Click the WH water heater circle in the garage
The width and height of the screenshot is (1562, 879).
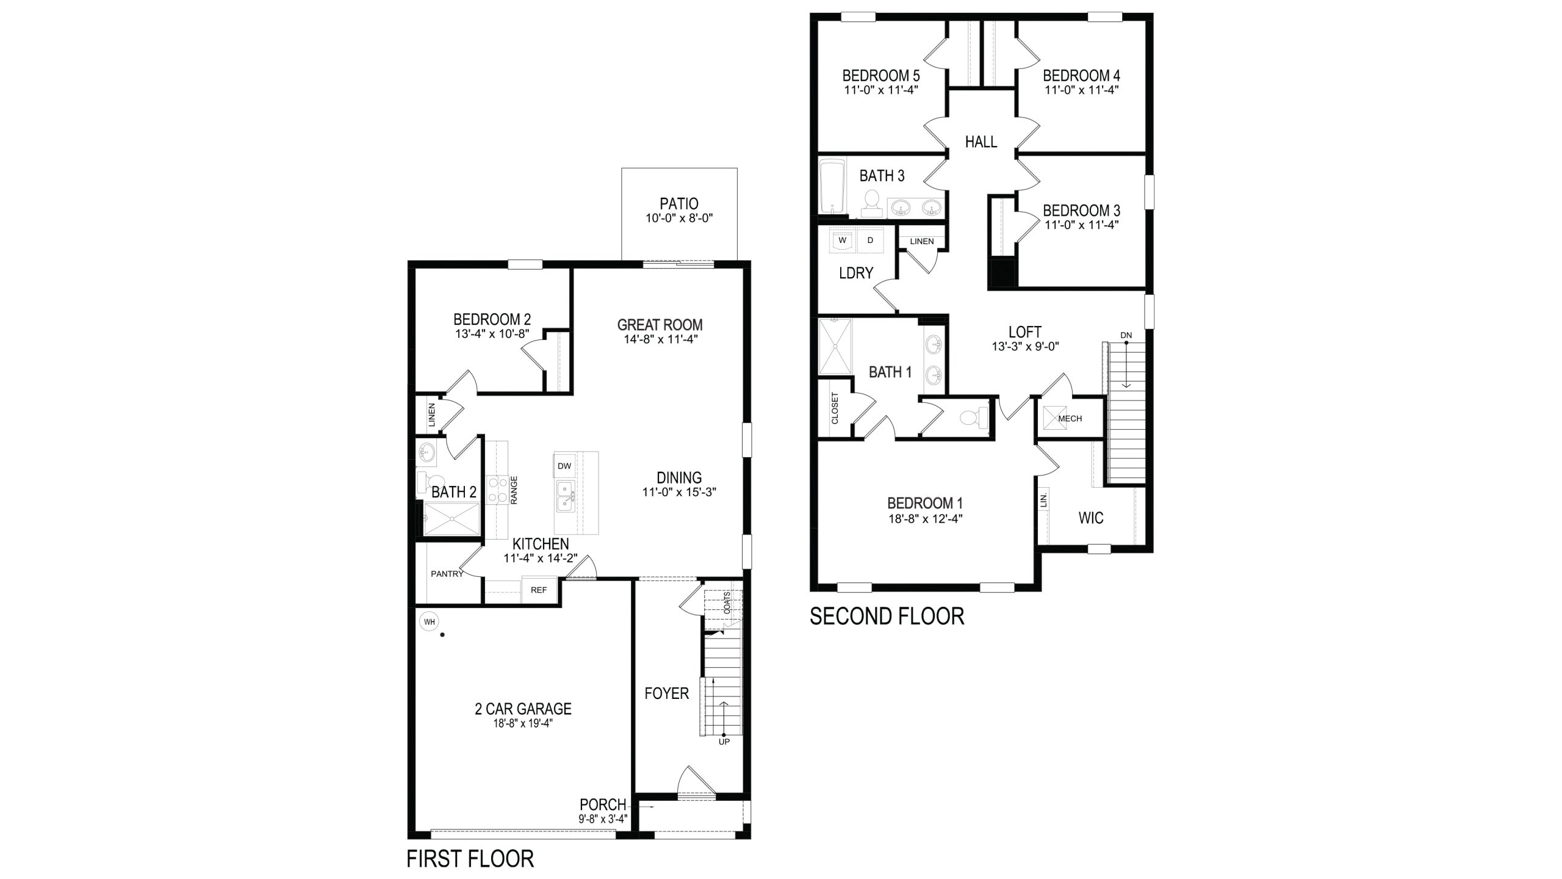click(x=430, y=622)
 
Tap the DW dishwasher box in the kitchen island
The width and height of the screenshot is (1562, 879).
click(x=564, y=466)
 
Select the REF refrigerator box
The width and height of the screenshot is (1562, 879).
click(x=538, y=590)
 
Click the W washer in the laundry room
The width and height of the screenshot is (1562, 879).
click(x=843, y=241)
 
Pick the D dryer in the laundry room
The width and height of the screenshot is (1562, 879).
click(x=870, y=241)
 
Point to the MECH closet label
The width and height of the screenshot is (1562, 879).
click(x=1070, y=418)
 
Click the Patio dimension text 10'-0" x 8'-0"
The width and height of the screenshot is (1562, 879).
click(x=679, y=218)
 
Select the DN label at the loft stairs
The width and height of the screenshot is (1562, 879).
click(x=1126, y=335)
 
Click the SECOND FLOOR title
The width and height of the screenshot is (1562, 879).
click(x=887, y=617)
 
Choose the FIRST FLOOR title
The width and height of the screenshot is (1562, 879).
click(x=470, y=859)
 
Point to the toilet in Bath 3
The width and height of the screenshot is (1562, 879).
click(x=871, y=201)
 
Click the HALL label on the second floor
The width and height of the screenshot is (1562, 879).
click(x=981, y=142)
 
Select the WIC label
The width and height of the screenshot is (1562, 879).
click(x=1090, y=518)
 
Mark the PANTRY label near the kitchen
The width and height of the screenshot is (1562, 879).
click(x=447, y=574)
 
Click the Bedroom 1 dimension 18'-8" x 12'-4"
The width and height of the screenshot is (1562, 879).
click(x=925, y=519)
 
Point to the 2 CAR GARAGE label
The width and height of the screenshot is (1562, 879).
click(x=523, y=709)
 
